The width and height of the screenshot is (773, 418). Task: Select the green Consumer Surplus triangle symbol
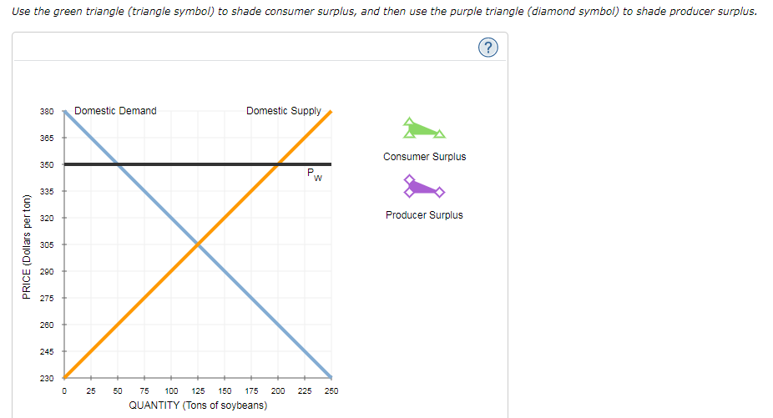coord(424,129)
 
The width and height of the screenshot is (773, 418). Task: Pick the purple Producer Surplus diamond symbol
coord(424,187)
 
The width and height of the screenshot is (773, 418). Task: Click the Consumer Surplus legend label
coord(424,157)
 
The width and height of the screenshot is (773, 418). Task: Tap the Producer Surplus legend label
coord(424,215)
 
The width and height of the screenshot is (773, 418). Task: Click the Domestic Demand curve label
coord(115,111)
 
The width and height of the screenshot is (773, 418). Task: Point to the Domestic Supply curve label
coord(283,111)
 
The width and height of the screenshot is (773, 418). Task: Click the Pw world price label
coord(313,175)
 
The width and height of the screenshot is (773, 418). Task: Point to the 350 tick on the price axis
coord(47,164)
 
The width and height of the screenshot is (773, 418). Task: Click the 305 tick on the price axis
coord(47,244)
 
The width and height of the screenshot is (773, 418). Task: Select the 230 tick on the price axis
coord(47,378)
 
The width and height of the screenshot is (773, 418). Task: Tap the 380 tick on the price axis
coord(47,111)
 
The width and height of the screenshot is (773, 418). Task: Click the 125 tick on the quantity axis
coord(199,390)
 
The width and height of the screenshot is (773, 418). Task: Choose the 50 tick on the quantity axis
coord(118,390)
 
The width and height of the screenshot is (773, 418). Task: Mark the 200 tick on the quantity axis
coord(278,390)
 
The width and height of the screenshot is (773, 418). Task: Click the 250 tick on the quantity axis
coord(331,390)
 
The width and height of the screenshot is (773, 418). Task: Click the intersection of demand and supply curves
coord(198,244)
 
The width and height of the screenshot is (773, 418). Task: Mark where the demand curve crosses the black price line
coord(118,164)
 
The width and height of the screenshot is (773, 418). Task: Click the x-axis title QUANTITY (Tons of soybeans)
coord(198,405)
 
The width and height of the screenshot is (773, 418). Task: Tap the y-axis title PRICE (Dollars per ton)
coord(27,247)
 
